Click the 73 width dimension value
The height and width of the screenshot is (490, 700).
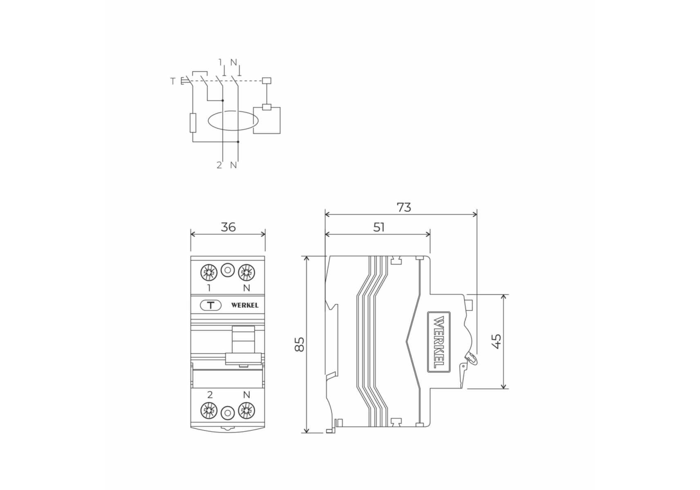click(x=404, y=207)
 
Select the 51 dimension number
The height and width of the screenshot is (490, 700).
click(x=379, y=227)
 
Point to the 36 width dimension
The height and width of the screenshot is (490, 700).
click(x=228, y=227)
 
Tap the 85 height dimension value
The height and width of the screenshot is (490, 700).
click(x=300, y=344)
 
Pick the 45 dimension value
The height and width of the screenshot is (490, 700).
click(x=496, y=341)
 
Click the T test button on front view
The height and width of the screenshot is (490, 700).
click(x=211, y=305)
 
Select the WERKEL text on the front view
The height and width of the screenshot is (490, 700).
click(x=245, y=305)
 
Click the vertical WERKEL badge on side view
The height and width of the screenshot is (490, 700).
click(x=439, y=342)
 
